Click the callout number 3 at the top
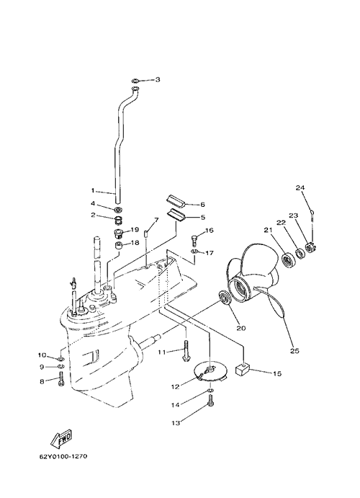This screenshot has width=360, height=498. click(x=158, y=79)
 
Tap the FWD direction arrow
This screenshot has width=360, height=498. click(x=61, y=439)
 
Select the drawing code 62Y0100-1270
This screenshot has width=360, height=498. click(x=63, y=457)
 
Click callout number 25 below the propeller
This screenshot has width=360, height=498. click(x=294, y=351)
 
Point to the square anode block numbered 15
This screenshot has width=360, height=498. click(x=241, y=370)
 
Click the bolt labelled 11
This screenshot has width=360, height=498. click(x=186, y=350)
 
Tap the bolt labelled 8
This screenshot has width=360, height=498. click(x=61, y=381)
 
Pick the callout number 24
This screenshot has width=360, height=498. click(x=300, y=187)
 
